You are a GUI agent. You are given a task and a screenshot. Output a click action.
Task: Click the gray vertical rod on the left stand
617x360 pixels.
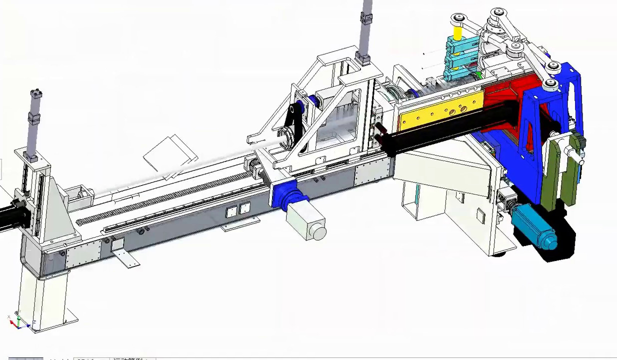[35, 122]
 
